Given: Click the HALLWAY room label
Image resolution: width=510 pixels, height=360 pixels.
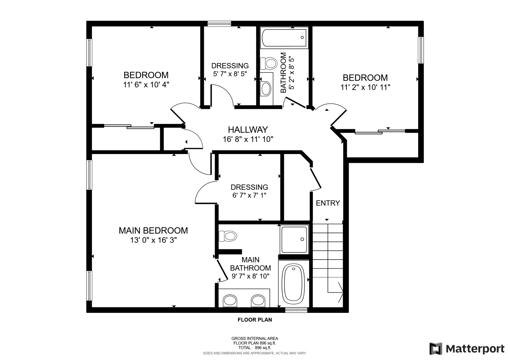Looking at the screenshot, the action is [x=248, y=130].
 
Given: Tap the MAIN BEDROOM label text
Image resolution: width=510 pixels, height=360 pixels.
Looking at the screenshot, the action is [x=153, y=230].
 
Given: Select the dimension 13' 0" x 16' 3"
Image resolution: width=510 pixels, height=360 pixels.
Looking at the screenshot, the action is [x=153, y=240].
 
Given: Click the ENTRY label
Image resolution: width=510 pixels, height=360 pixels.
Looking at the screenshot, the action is [x=328, y=203].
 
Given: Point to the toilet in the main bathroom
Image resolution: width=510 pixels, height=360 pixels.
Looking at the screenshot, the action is [x=228, y=236].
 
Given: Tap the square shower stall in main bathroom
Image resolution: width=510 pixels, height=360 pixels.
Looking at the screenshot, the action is [x=294, y=239].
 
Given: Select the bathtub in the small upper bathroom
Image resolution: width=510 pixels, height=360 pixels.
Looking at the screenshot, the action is [x=285, y=37].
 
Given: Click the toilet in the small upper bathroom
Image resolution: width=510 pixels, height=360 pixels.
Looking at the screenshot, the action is [x=269, y=63].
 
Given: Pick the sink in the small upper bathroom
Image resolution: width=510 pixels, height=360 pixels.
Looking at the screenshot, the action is [x=266, y=89].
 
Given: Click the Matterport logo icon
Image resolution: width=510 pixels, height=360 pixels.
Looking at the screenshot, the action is [x=436, y=348].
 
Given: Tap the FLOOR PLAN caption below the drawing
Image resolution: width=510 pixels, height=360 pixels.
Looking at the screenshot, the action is [x=255, y=320].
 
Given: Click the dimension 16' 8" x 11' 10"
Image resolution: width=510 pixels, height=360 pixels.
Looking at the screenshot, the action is [x=248, y=139].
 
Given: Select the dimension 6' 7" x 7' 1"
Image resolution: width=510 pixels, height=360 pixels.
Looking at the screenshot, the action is [x=249, y=195].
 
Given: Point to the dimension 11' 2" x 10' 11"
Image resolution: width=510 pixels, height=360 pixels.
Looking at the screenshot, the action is [x=366, y=87].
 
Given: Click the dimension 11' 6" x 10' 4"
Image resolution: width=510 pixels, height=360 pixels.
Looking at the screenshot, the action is [x=146, y=85].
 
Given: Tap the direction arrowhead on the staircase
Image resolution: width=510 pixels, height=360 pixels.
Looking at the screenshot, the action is [x=341, y=293].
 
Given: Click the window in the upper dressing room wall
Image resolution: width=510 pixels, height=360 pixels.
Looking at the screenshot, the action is [x=219, y=24].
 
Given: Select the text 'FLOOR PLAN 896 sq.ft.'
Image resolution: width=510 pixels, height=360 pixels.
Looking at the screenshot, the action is [x=255, y=343].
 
